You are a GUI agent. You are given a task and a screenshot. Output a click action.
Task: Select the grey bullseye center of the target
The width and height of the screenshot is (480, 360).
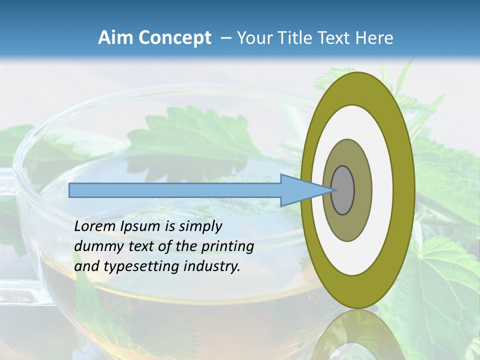tap(343, 190)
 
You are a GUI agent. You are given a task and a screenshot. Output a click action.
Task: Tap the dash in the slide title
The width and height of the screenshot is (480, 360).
tap(225, 38)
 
